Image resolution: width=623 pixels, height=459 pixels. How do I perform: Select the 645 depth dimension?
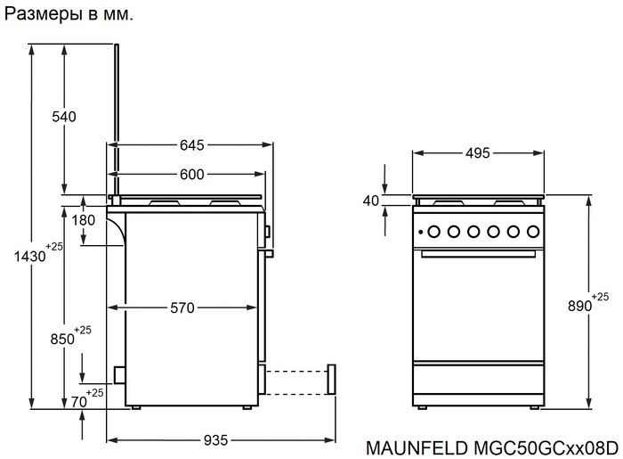[192, 144]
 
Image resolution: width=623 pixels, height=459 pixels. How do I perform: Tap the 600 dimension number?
[191, 175]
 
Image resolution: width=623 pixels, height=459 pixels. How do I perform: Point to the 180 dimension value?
[84, 220]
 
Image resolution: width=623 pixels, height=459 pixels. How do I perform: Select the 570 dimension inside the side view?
[182, 308]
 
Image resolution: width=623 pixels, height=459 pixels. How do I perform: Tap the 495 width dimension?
[478, 153]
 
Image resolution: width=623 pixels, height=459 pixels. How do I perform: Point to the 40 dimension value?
[371, 201]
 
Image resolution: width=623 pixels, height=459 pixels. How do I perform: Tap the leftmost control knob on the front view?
[433, 233]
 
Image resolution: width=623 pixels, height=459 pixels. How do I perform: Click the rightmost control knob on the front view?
[531, 233]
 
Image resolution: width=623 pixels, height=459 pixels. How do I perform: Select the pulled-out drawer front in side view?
[332, 379]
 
